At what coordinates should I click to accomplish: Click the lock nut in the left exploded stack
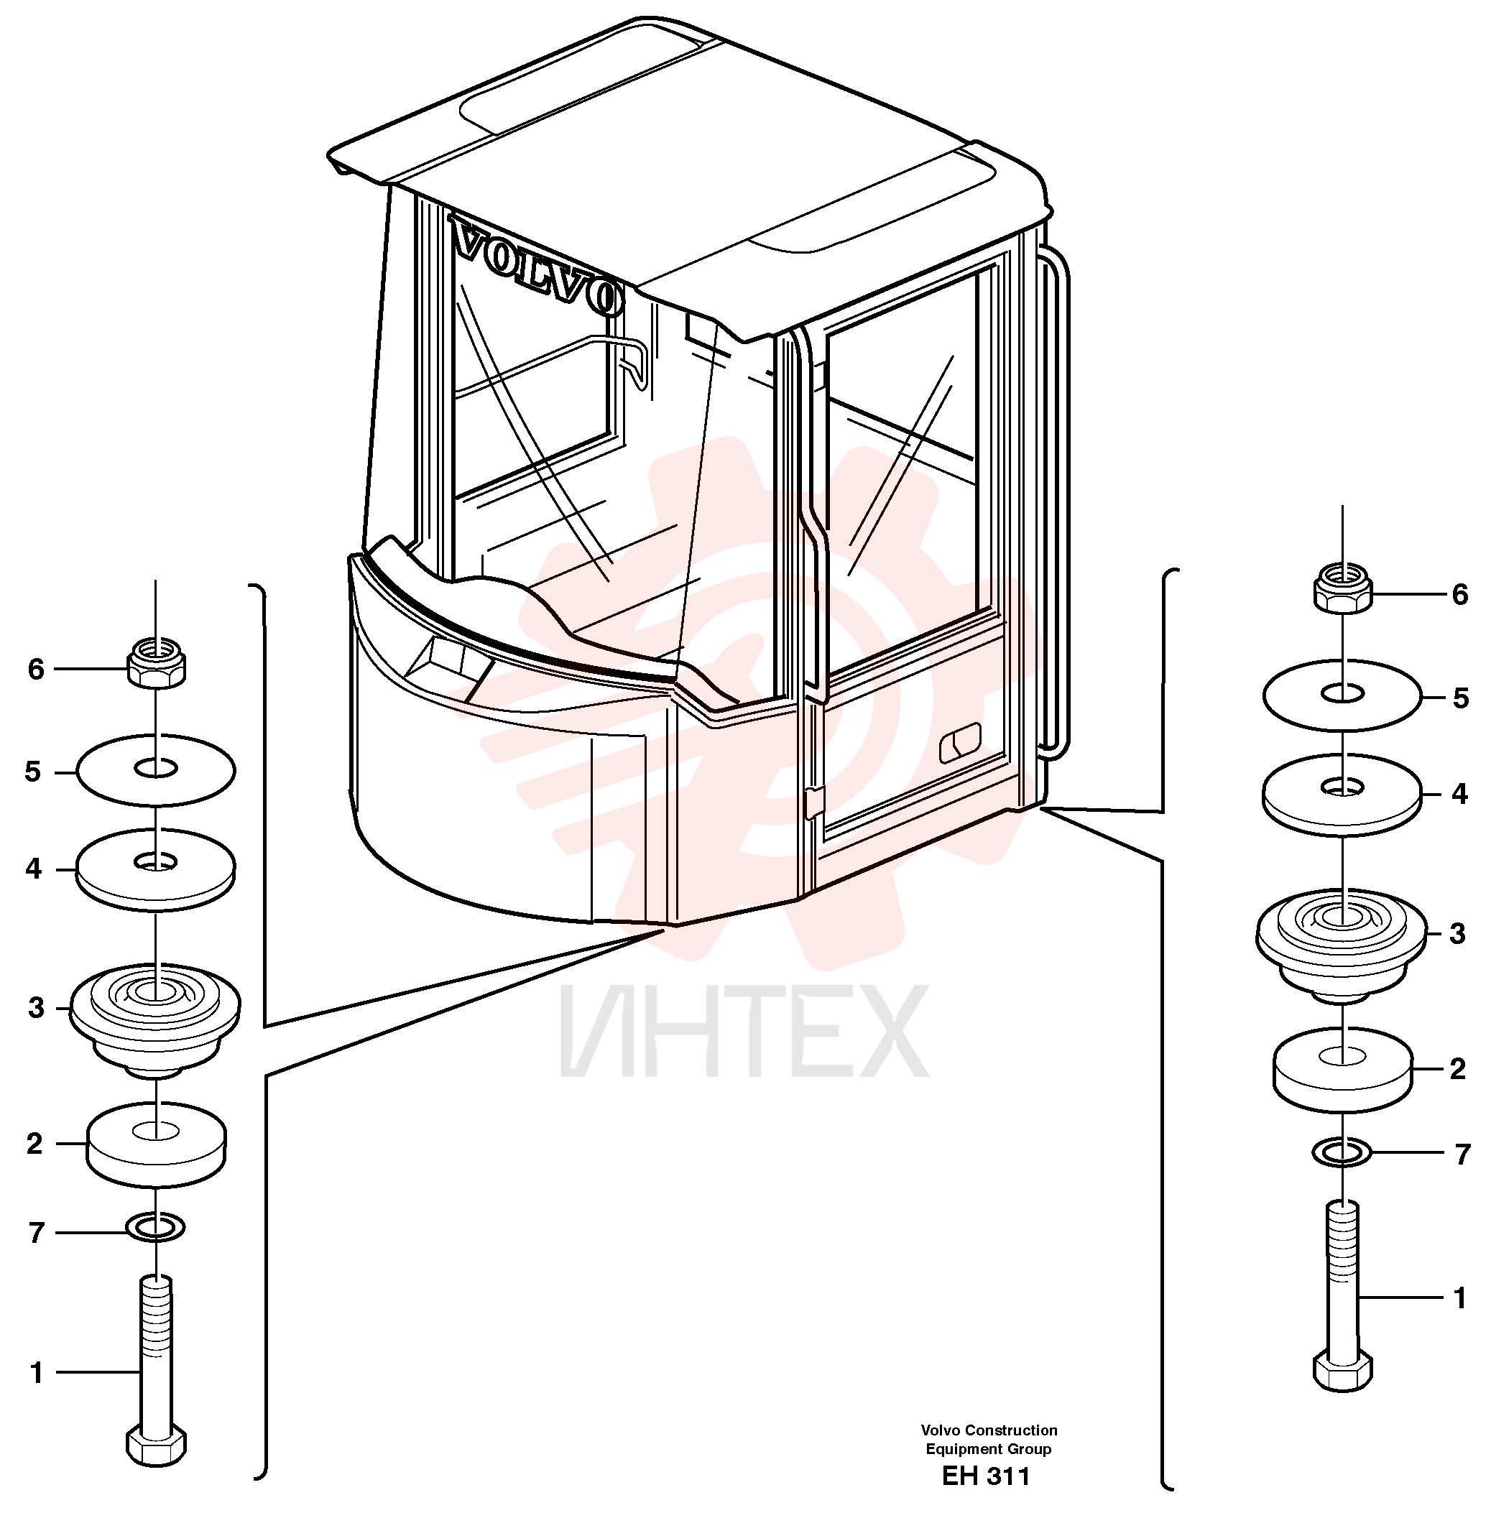coord(157,662)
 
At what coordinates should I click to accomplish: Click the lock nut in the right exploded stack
coord(1343,588)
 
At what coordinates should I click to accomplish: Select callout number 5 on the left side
coord(33,772)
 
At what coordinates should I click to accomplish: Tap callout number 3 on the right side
coord(1457,933)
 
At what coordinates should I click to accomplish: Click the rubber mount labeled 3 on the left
coord(155,1018)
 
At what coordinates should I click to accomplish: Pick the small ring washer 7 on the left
coord(156,1227)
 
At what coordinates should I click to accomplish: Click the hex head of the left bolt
coord(157,1446)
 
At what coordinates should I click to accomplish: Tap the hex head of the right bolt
coord(1342,1371)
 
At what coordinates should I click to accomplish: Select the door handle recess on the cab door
coord(960,742)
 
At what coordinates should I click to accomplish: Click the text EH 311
coord(986,1476)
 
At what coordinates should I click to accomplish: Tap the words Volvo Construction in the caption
coord(989,1430)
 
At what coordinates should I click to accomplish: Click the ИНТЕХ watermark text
coord(744,1032)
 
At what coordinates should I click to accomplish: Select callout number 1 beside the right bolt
coord(1459,1298)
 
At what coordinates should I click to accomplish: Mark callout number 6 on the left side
coord(36,670)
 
